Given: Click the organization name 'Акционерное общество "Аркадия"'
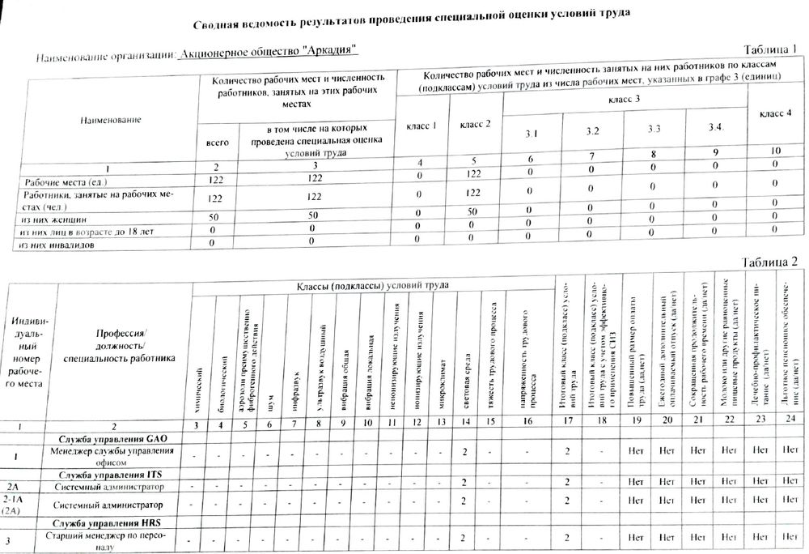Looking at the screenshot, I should point(267,53).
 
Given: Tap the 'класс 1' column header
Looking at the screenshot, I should point(420,127).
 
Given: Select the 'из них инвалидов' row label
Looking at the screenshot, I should point(59,244).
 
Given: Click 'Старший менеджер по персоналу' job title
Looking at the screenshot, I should point(114,542).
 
